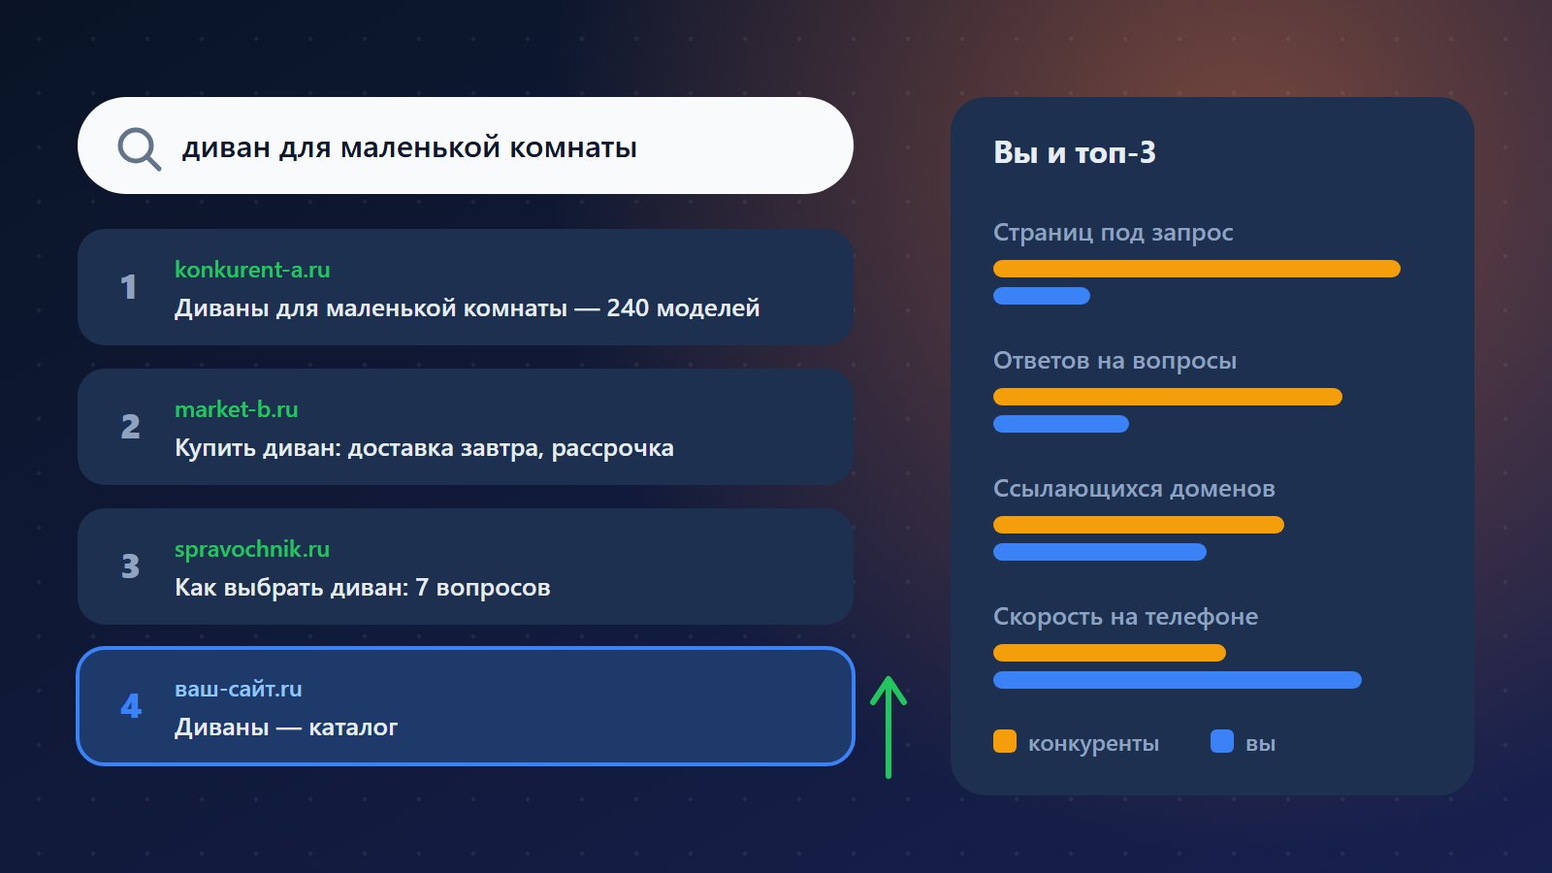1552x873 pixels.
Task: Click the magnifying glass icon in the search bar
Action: tap(140, 148)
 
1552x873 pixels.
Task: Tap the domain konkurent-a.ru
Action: tap(252, 270)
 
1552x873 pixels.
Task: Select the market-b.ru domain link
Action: tap(237, 409)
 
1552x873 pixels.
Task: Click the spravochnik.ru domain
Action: tap(252, 549)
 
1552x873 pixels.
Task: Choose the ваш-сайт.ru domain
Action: tap(239, 689)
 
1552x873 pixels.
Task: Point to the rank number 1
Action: tap(128, 287)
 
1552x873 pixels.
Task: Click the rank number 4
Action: tap(130, 706)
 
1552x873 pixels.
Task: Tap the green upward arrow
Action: tap(889, 727)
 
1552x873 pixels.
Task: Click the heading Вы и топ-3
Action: tap(1075, 152)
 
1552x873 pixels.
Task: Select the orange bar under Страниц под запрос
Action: tap(1197, 269)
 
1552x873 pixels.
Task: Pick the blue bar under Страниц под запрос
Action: tap(1042, 296)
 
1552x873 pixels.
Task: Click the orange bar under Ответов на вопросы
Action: tap(1168, 397)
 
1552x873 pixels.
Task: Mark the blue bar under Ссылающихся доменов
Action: tap(1100, 552)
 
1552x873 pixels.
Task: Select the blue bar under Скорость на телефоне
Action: tap(1178, 680)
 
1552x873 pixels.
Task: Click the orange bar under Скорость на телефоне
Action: tap(1110, 653)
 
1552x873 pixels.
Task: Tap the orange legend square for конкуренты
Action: tap(1005, 741)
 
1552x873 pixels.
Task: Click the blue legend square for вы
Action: tap(1222, 741)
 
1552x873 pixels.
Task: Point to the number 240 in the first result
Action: tap(628, 308)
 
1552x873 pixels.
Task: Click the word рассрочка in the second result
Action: tap(612, 449)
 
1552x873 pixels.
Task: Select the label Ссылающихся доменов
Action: tap(1134, 489)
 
